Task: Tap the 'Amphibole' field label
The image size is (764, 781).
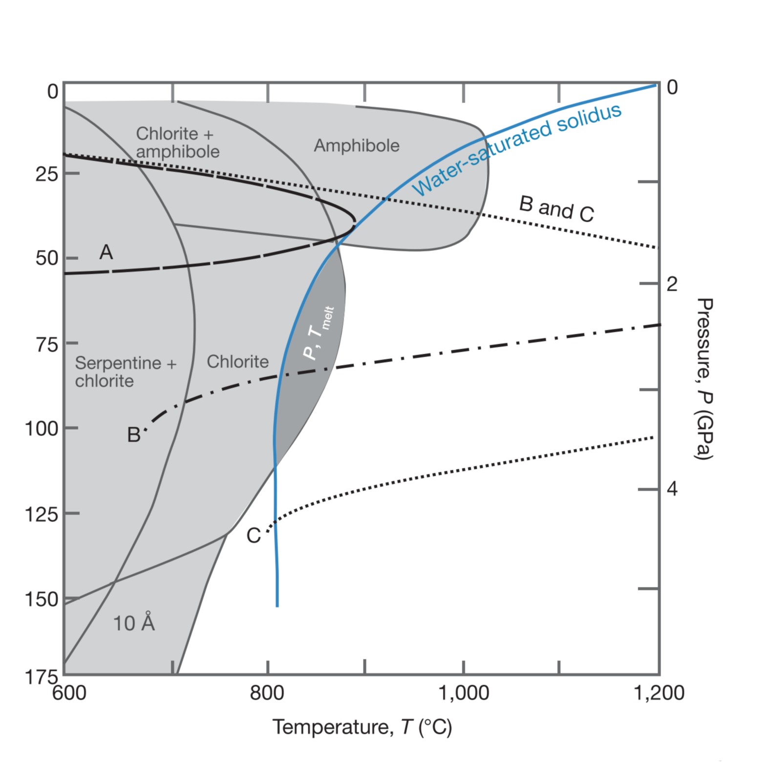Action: click(x=357, y=145)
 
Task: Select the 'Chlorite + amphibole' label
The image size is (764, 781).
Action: click(x=177, y=143)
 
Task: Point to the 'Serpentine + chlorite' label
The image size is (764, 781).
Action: click(x=126, y=371)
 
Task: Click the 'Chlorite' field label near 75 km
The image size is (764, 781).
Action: click(x=238, y=362)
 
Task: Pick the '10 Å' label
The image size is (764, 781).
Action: click(x=134, y=623)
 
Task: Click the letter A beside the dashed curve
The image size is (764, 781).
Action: click(x=106, y=252)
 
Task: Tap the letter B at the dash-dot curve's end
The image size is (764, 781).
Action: click(x=133, y=435)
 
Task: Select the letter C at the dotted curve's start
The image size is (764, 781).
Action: click(x=254, y=536)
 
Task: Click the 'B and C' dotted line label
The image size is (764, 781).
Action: click(x=556, y=209)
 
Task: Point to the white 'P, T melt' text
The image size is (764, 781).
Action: click(x=318, y=333)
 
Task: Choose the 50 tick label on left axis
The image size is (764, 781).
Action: click(x=47, y=258)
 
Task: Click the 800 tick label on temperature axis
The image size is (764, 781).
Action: click(x=267, y=693)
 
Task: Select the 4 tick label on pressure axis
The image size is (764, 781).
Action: click(x=672, y=489)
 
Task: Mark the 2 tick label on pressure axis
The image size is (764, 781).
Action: click(x=672, y=284)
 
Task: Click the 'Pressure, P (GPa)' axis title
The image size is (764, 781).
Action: click(x=704, y=379)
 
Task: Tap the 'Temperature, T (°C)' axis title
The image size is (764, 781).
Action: click(x=362, y=727)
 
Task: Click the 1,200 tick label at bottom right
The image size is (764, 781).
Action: click(x=659, y=693)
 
